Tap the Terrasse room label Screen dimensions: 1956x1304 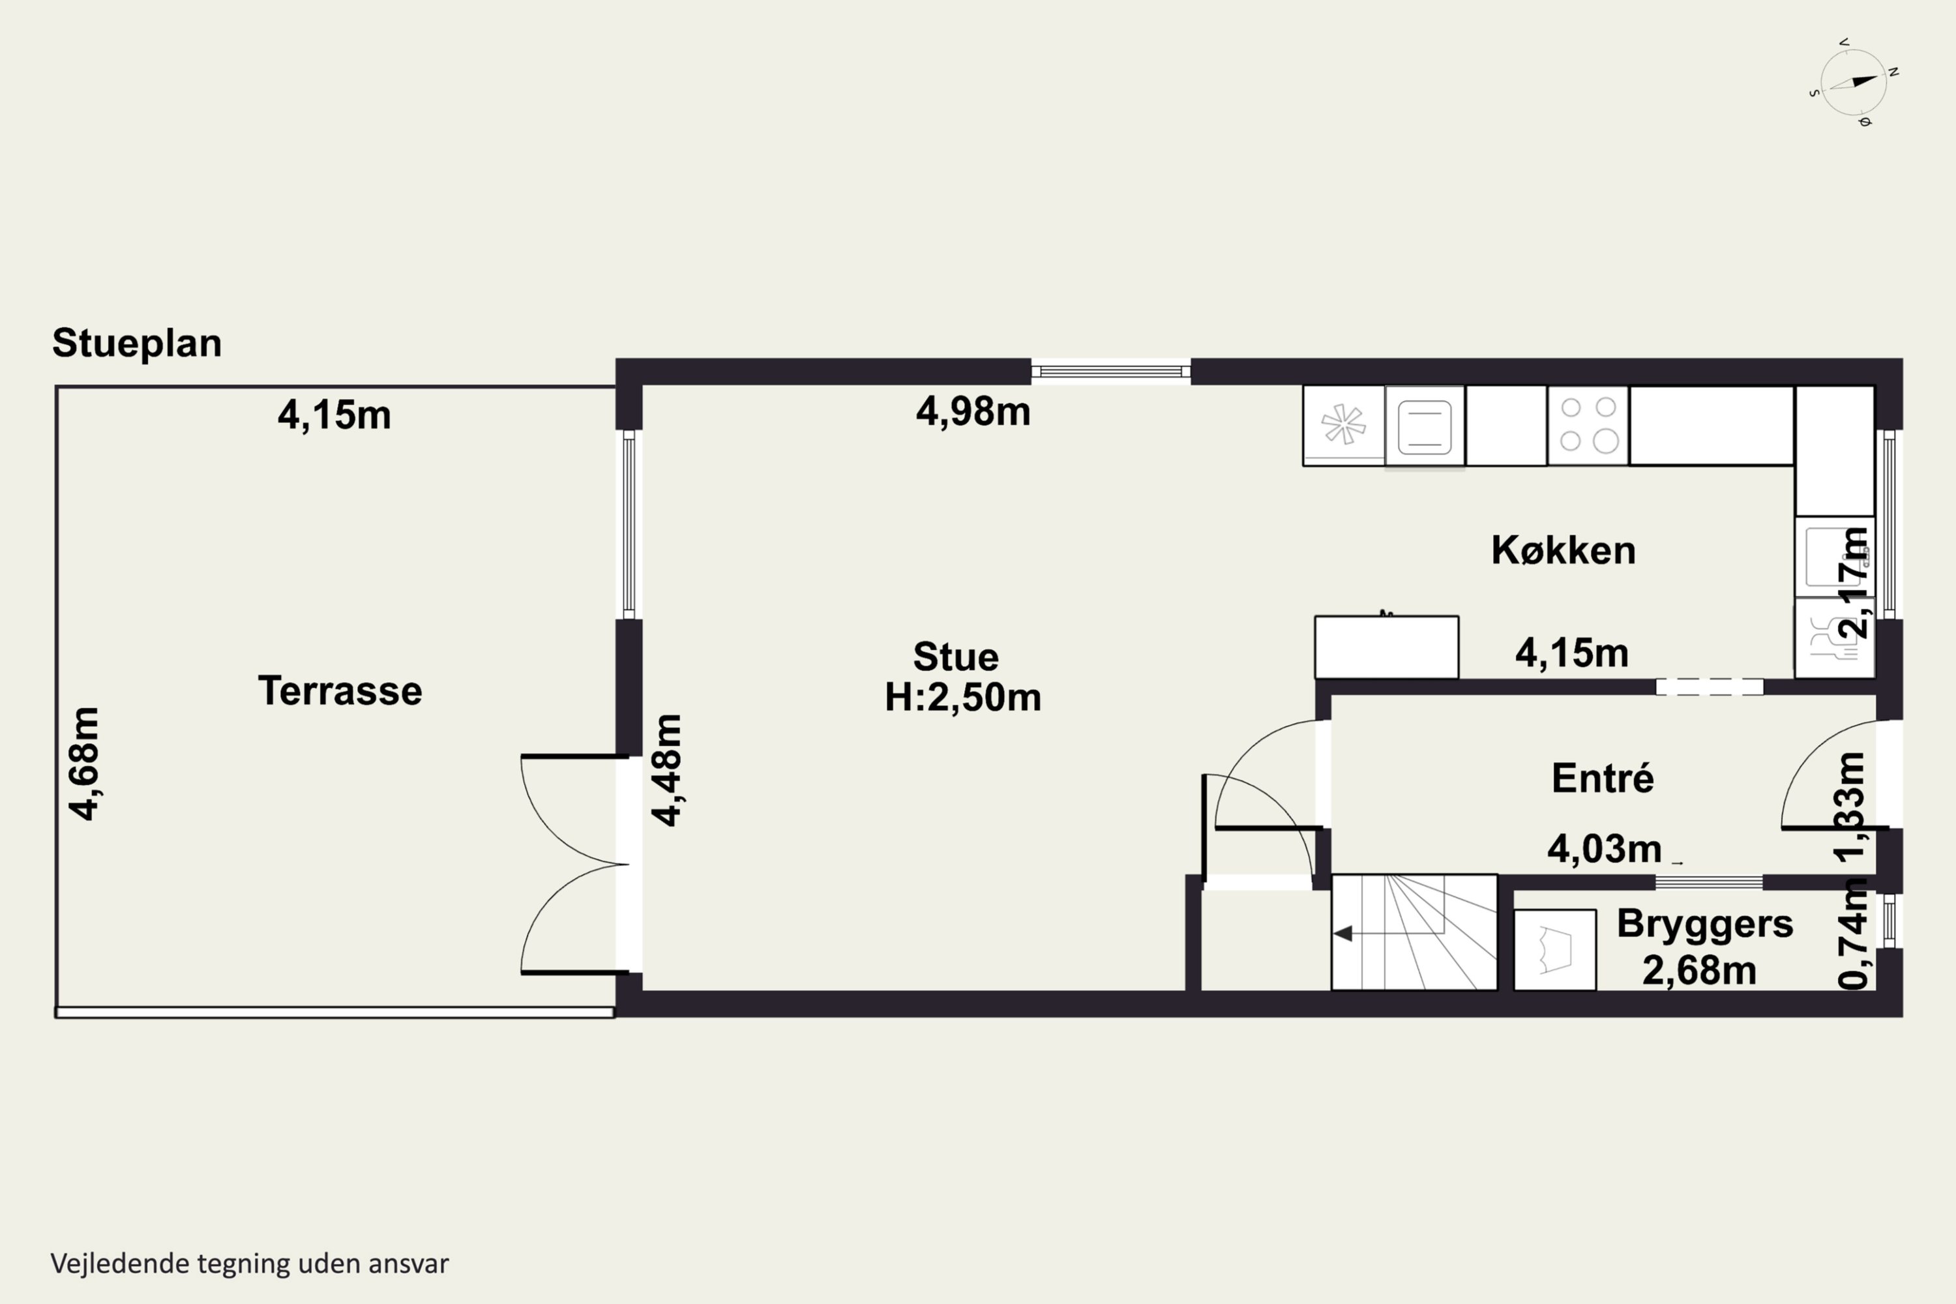340,691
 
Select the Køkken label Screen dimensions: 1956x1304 1563,550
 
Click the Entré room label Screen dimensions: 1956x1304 1603,778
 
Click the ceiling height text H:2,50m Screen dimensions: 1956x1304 962,697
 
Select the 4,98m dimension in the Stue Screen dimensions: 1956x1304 973,411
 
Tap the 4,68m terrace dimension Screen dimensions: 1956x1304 84,764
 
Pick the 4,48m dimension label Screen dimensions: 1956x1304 667,770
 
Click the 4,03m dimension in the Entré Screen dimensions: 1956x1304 1604,849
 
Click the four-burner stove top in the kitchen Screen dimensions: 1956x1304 1588,425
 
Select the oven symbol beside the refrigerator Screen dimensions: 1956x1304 1425,426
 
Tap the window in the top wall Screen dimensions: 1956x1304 1111,372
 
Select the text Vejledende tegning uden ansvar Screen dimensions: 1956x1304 250,1264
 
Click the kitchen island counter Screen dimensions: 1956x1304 1386,647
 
